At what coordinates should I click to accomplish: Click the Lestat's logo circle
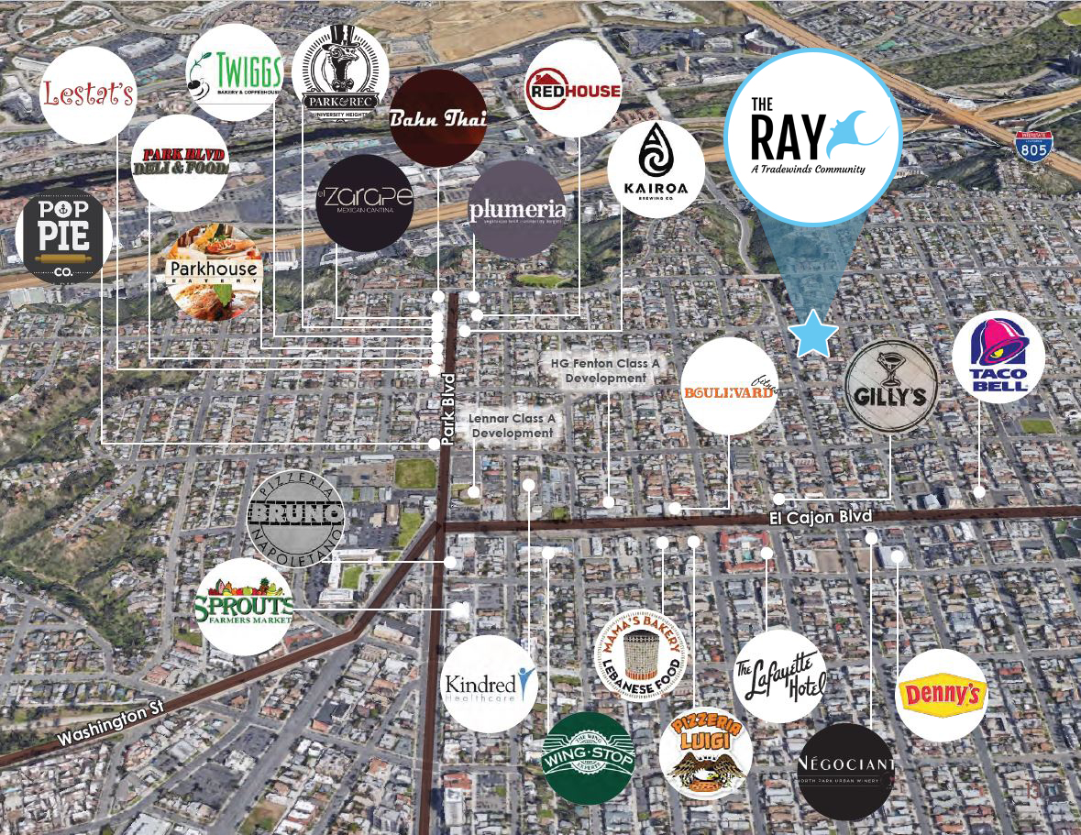(x=88, y=94)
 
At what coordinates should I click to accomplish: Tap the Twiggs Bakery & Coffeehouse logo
(x=234, y=72)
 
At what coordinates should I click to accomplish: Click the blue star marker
(x=813, y=334)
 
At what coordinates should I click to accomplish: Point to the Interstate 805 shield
(x=1033, y=147)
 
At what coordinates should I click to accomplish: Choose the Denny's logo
(x=941, y=696)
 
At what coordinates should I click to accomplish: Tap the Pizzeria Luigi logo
(x=705, y=753)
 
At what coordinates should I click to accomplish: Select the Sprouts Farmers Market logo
(x=244, y=606)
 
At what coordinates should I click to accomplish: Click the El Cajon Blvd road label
(x=820, y=519)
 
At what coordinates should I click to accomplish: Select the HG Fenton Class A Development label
(x=605, y=370)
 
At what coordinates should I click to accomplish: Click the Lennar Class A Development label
(x=513, y=425)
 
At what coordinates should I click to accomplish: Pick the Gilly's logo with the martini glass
(x=890, y=386)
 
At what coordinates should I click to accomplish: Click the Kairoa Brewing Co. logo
(x=656, y=169)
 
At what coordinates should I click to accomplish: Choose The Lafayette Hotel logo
(x=780, y=676)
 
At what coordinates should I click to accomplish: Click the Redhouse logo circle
(x=573, y=88)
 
